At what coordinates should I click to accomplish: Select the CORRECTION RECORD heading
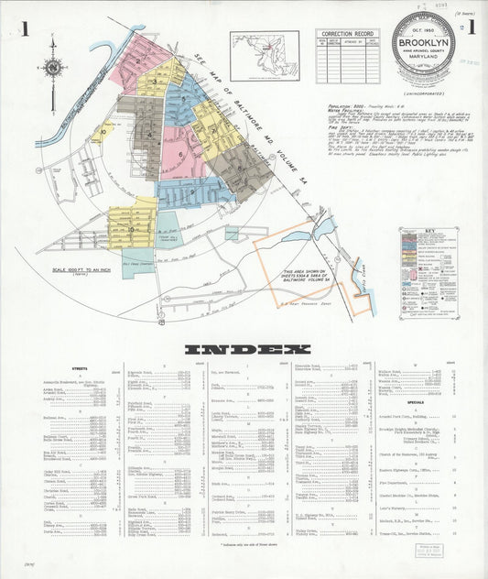pos(349,33)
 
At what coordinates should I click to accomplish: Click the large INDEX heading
pos(247,349)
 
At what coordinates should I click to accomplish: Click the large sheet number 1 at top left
pos(27,27)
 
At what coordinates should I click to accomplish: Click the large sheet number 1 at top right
pos(472,27)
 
